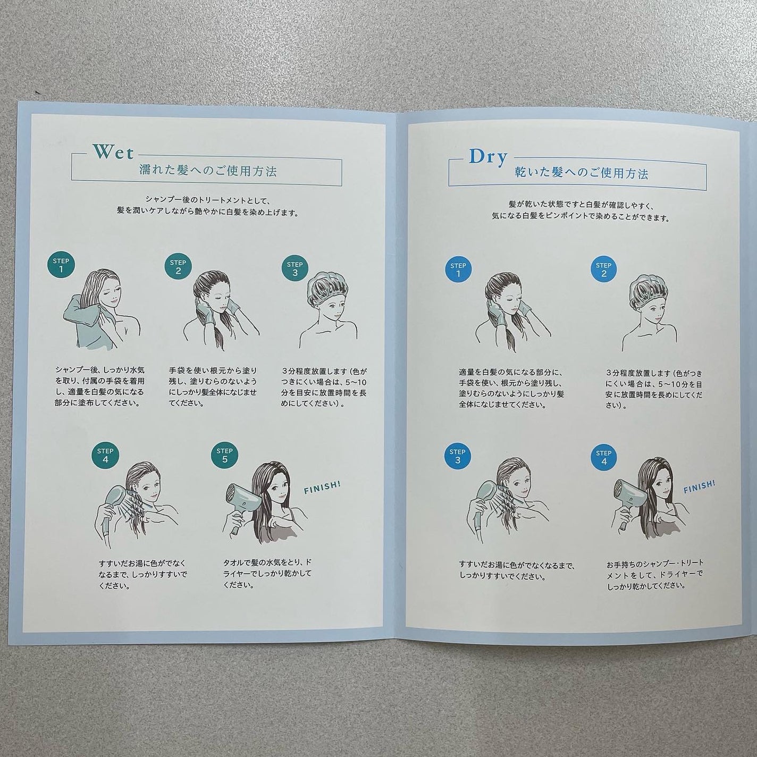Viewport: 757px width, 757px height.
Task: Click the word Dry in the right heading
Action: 488,157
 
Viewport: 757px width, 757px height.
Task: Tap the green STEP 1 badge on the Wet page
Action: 61,265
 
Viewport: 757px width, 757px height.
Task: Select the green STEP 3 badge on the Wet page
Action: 295,268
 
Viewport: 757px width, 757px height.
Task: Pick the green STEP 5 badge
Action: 224,455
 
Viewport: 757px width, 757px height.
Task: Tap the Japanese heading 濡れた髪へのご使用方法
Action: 208,171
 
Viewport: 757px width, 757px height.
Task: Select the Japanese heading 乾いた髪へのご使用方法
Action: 582,174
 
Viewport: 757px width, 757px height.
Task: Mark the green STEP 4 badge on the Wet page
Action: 105,455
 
